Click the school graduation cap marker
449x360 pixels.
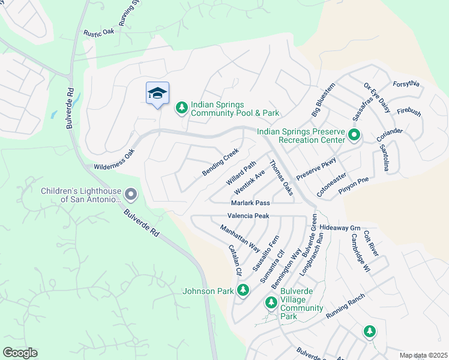[157, 94]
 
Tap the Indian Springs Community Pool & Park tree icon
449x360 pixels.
[181, 107]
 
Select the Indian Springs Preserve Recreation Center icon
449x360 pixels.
[354, 136]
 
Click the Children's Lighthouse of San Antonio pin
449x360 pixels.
[131, 194]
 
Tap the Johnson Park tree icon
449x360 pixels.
[243, 291]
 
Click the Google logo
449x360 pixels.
[20, 352]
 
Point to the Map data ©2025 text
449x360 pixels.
[423, 355]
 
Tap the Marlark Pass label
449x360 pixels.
[250, 203]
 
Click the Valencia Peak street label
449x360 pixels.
[249, 215]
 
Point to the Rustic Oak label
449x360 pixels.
[99, 32]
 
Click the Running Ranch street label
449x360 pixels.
[345, 306]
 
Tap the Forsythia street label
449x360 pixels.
[406, 83]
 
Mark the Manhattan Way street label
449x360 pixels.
[240, 238]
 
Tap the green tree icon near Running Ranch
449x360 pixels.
[370, 331]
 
